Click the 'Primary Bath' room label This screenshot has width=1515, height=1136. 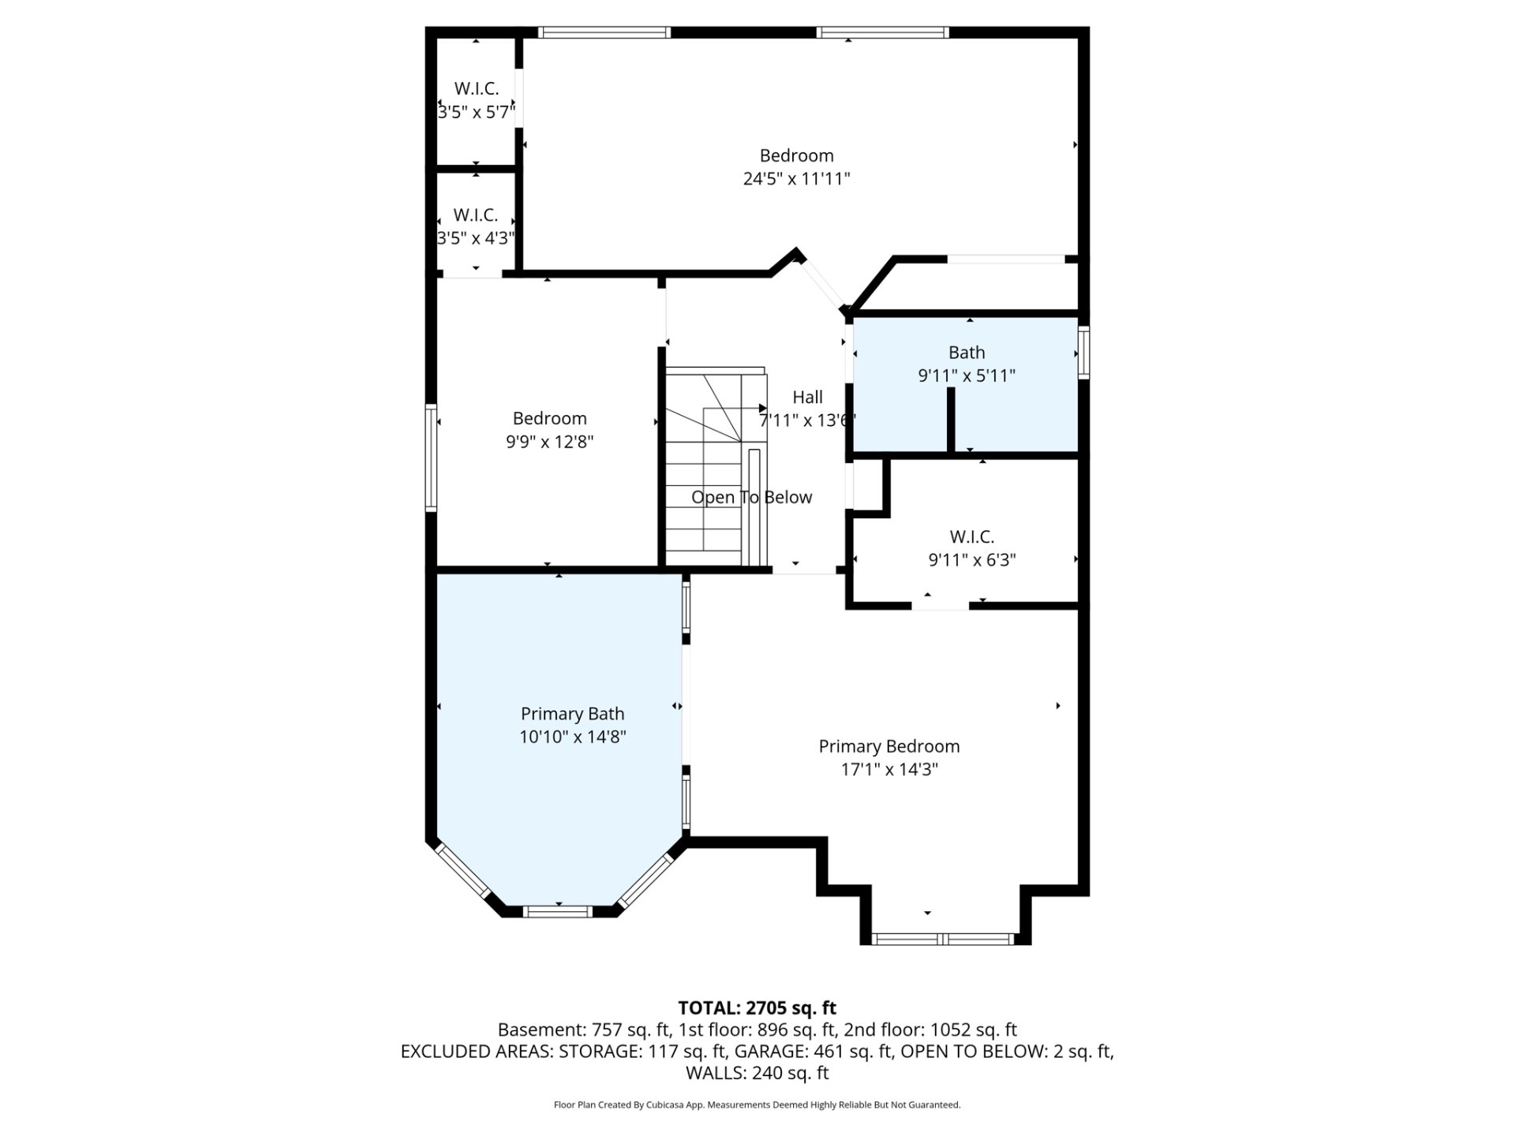(x=572, y=714)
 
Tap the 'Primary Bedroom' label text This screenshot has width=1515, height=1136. (x=889, y=746)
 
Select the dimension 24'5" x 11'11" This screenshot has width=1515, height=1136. (x=796, y=178)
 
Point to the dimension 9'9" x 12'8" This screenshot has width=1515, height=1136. (x=549, y=441)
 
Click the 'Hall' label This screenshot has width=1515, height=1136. (x=807, y=398)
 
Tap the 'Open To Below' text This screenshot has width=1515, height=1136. (x=751, y=497)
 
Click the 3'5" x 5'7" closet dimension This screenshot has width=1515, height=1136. (x=477, y=112)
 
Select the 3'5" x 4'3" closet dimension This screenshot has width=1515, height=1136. (x=476, y=237)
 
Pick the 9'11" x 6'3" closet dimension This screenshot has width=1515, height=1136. (x=971, y=560)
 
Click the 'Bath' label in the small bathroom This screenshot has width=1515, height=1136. (x=967, y=353)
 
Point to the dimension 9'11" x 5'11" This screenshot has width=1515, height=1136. (x=967, y=376)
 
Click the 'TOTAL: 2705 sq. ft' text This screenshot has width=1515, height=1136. (x=757, y=1007)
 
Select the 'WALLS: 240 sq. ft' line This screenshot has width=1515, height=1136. (x=757, y=1073)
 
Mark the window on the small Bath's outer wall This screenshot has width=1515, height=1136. (x=1084, y=352)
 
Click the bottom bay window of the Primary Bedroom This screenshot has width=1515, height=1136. (x=943, y=939)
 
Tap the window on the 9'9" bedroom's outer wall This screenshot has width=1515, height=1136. (x=431, y=458)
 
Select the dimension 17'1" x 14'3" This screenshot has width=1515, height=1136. (x=889, y=769)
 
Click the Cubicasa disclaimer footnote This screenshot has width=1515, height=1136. (x=757, y=1105)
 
